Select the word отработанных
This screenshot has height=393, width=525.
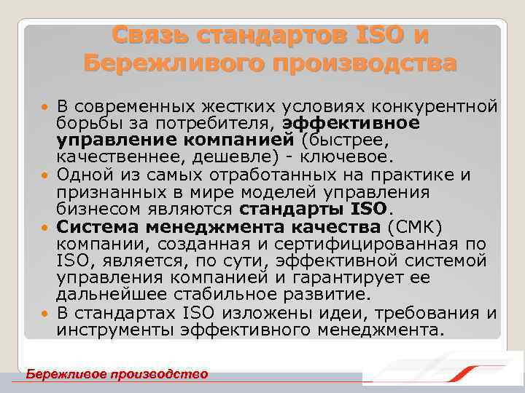(x=265, y=175)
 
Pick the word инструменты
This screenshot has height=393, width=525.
(x=114, y=330)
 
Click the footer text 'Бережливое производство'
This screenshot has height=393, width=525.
(x=117, y=374)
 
